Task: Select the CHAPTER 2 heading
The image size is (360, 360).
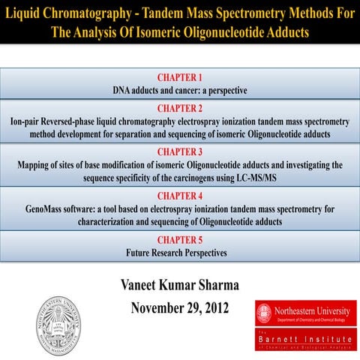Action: point(179,107)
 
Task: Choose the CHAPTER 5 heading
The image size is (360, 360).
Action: point(179,240)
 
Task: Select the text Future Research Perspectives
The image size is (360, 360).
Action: point(179,252)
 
